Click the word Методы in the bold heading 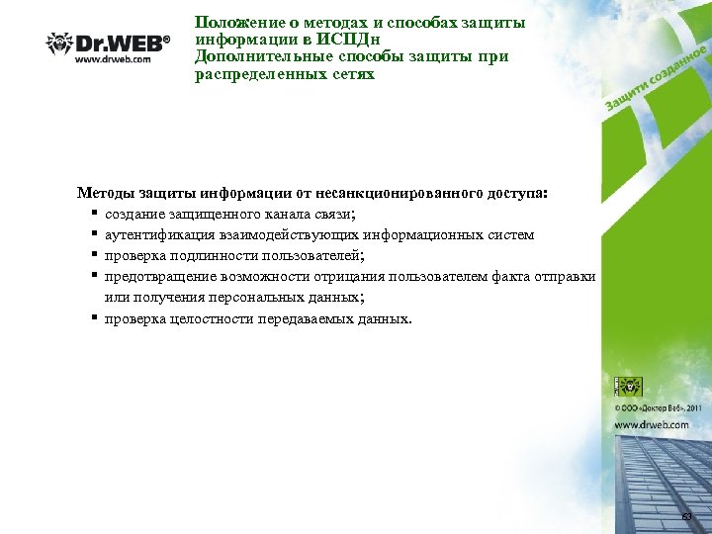104,192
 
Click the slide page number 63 687,518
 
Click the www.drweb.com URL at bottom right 653,424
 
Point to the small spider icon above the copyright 630,387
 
